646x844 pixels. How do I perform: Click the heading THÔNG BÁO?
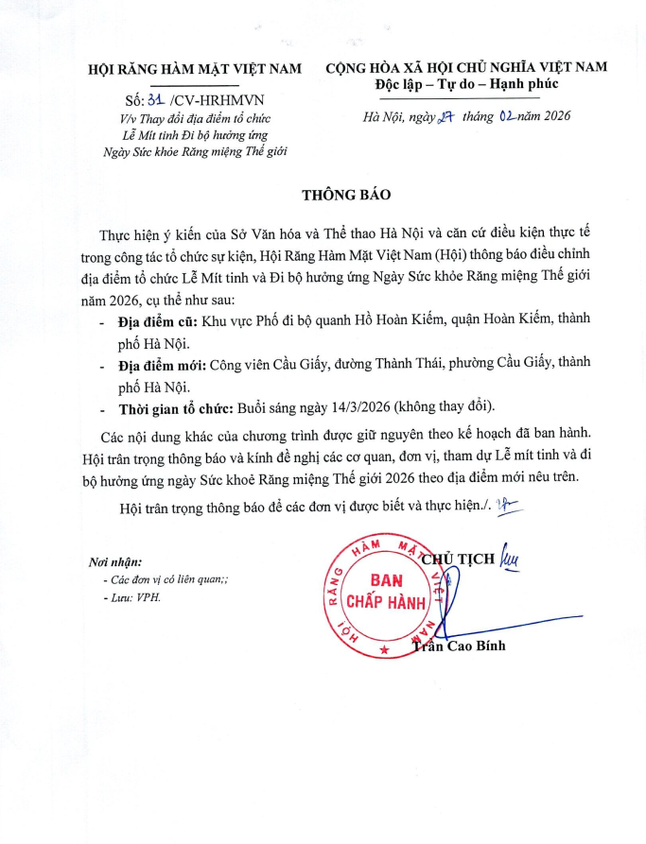[345, 195]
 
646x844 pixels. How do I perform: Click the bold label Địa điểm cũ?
[158, 321]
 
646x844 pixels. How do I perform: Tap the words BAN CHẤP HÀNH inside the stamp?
[386, 591]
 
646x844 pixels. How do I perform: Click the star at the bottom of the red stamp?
[384, 650]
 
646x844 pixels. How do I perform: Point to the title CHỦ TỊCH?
[459, 558]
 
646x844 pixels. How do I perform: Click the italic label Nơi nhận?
[115, 563]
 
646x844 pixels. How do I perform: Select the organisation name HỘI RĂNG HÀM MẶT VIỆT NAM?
[195, 69]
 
